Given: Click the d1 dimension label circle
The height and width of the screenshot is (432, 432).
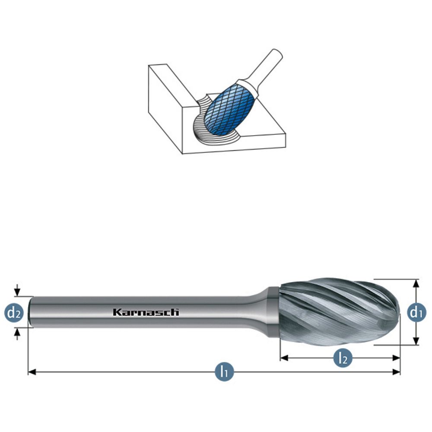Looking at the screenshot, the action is [x=416, y=312].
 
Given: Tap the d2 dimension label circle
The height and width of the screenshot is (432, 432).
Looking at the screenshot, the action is [x=14, y=312].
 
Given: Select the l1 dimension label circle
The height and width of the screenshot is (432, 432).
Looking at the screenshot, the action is [x=224, y=372].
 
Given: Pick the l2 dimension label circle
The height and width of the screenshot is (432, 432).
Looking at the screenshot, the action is [x=343, y=358].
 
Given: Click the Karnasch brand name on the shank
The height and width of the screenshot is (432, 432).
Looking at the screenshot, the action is [x=146, y=312].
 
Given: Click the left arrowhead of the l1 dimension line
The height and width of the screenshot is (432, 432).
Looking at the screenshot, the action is [x=32, y=372].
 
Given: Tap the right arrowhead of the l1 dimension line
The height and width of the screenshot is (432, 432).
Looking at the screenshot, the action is [x=396, y=372].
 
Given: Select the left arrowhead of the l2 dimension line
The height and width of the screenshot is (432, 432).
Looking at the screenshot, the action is [x=284, y=358].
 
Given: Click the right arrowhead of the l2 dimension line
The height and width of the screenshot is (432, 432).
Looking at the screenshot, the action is [x=396, y=358].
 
